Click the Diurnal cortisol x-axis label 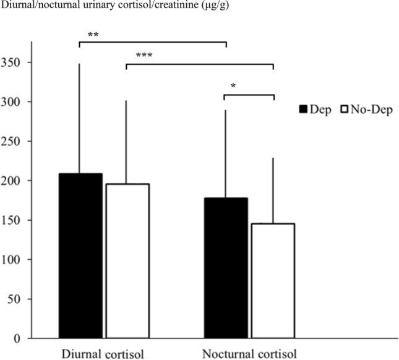pyautogui.click(x=103, y=354)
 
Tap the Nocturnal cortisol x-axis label pyautogui.click(x=249, y=354)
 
